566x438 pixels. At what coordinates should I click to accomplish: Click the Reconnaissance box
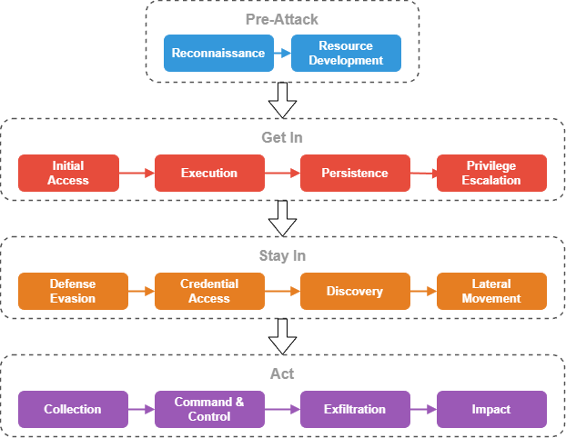(218, 53)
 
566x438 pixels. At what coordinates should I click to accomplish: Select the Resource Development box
(346, 53)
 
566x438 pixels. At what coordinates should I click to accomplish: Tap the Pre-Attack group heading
(282, 19)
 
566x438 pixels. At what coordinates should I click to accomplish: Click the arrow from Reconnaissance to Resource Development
(282, 53)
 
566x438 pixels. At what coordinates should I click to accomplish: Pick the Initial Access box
(68, 173)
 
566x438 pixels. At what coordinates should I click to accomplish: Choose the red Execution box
(209, 173)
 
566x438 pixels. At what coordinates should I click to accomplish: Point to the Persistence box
(355, 173)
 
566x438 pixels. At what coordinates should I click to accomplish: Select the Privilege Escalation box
(491, 173)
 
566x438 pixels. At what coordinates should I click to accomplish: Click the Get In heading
(282, 138)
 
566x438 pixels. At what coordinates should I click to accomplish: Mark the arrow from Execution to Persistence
(282, 173)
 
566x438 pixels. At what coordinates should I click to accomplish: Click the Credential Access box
(209, 291)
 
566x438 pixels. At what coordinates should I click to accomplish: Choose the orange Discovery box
(355, 291)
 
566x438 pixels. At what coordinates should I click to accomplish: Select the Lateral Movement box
(491, 291)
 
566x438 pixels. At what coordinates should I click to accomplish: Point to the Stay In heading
(282, 256)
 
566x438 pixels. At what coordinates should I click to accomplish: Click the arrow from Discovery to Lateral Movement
(423, 291)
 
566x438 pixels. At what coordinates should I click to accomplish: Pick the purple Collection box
(73, 409)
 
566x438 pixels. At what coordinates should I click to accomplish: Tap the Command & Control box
(209, 409)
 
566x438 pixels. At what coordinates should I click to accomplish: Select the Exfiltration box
(355, 409)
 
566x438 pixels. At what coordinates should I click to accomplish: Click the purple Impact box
(491, 409)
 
